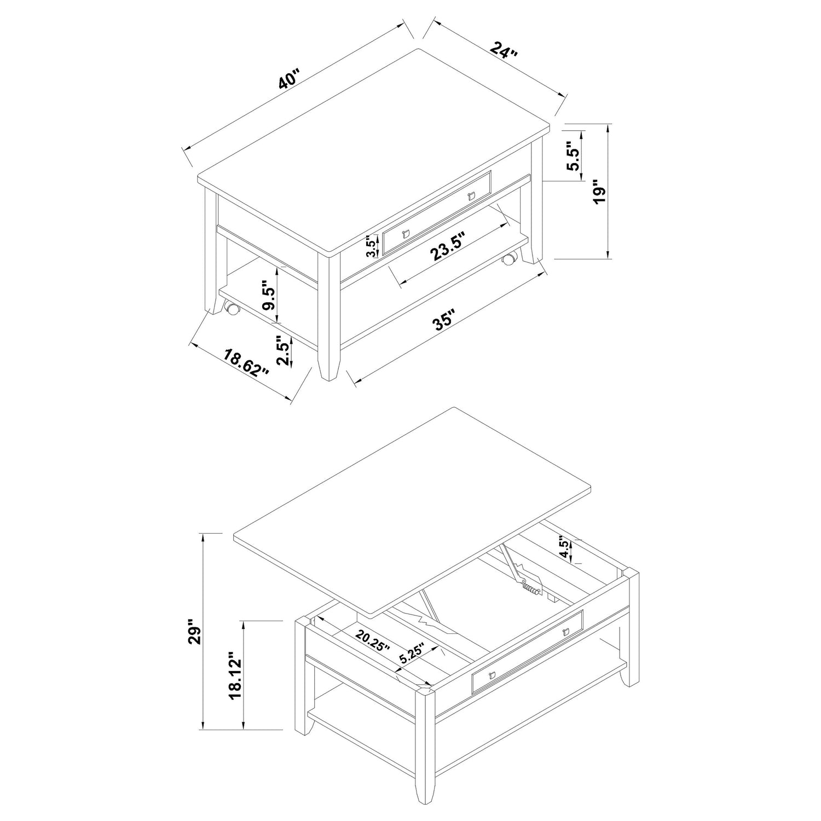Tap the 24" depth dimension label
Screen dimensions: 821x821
click(x=504, y=51)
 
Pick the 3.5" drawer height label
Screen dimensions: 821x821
click(x=372, y=246)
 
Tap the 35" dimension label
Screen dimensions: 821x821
click(x=444, y=322)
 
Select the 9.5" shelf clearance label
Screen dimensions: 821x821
click(x=268, y=296)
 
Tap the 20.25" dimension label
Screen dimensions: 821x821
click(x=372, y=641)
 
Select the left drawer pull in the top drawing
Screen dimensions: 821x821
click(x=405, y=234)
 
